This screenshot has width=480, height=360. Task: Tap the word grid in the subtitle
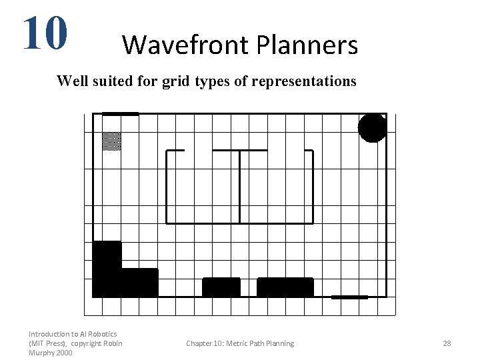[x=177, y=81]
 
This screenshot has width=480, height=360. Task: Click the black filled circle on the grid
[x=372, y=128]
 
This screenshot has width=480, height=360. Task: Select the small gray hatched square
[x=111, y=141]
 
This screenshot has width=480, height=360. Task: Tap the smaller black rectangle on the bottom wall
[x=221, y=287]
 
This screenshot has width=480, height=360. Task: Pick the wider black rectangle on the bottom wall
[x=285, y=287]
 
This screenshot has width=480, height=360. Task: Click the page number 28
[x=447, y=343]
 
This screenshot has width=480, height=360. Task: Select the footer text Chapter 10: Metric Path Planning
[x=240, y=343]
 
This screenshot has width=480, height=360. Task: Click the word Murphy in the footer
[x=42, y=353]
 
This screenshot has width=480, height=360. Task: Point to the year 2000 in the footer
[x=65, y=353]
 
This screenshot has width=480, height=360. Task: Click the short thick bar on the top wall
[x=120, y=114]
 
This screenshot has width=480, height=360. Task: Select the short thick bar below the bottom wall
[x=349, y=297]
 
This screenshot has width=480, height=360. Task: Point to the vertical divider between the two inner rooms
[x=239, y=187]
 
